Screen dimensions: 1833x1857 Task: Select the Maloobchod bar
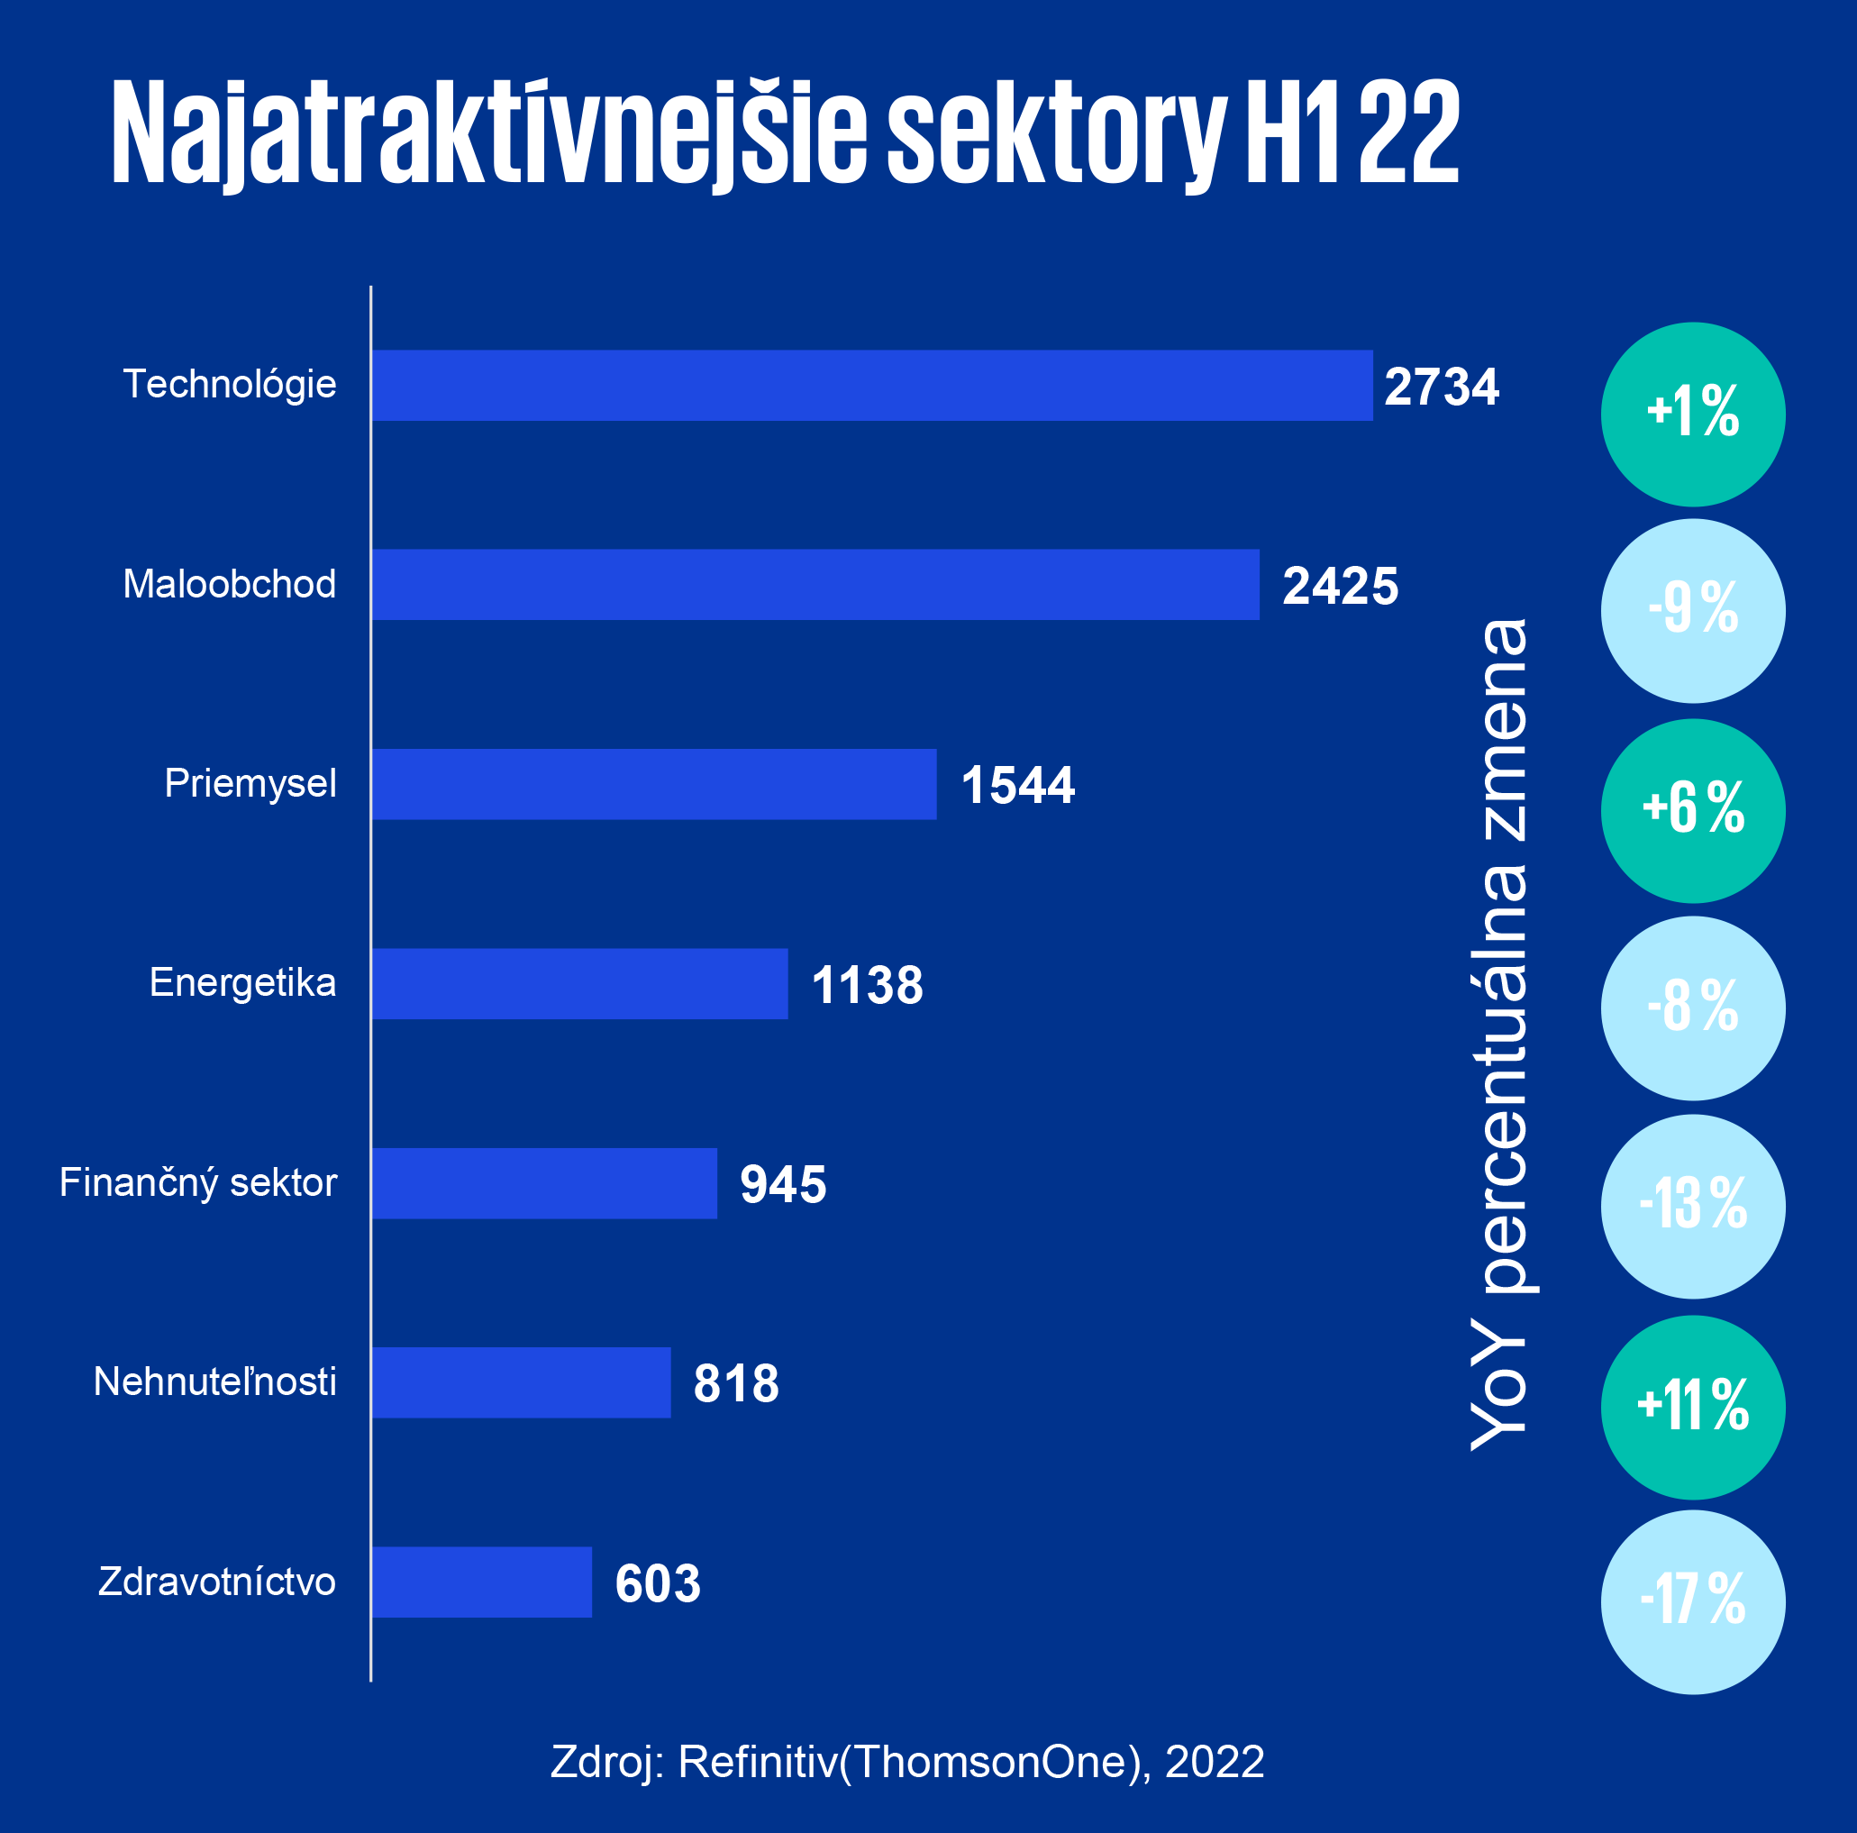point(815,584)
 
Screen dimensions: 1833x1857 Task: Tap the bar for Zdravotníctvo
point(481,1582)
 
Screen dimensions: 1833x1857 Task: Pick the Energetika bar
point(579,983)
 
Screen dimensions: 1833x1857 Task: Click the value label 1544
point(1017,785)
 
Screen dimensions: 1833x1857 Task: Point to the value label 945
point(782,1184)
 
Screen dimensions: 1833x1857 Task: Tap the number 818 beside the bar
point(735,1384)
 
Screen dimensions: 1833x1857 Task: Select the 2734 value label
point(1441,387)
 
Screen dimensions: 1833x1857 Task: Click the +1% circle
point(1693,414)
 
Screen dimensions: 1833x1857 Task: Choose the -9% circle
point(1693,610)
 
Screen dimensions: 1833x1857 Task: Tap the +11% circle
point(1693,1407)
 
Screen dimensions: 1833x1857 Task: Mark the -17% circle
point(1693,1602)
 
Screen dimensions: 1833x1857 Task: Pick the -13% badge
point(1693,1207)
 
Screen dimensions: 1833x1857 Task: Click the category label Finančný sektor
point(198,1182)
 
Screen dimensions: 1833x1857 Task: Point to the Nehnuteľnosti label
point(214,1382)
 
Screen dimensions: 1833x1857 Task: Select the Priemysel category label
point(250,783)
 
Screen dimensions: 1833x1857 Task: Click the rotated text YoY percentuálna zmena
point(1499,1034)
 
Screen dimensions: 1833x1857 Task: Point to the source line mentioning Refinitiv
point(906,1762)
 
